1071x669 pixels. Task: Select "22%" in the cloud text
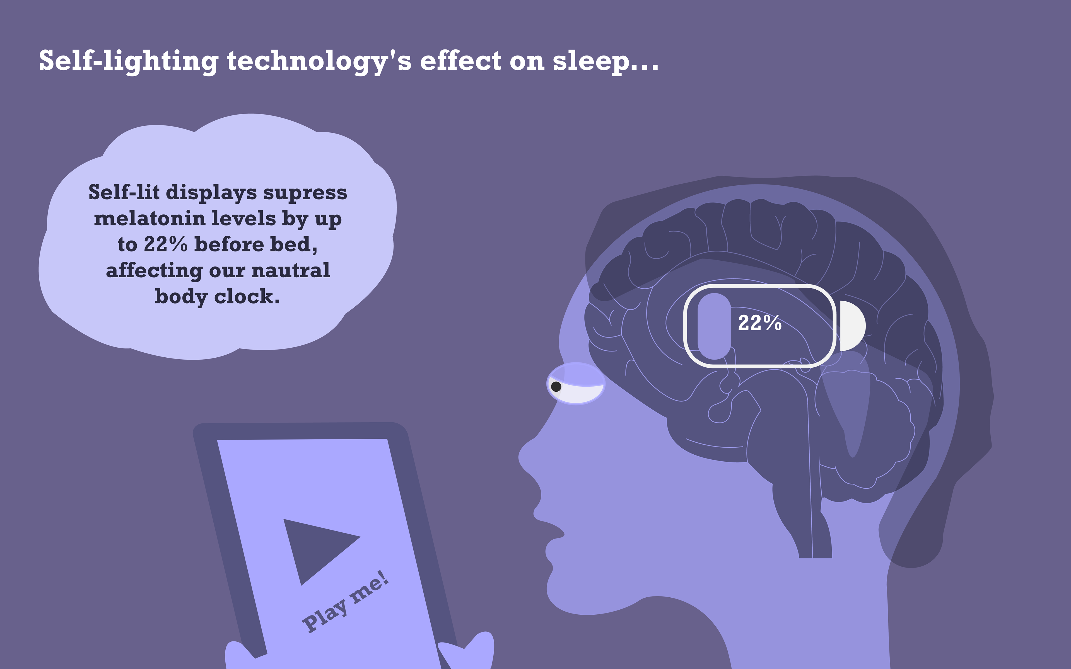(x=165, y=244)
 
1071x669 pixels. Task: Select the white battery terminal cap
(x=852, y=326)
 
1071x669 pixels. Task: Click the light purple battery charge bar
(x=714, y=326)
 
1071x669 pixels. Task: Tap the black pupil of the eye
(x=556, y=387)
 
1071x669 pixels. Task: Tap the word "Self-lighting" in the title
(x=128, y=62)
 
